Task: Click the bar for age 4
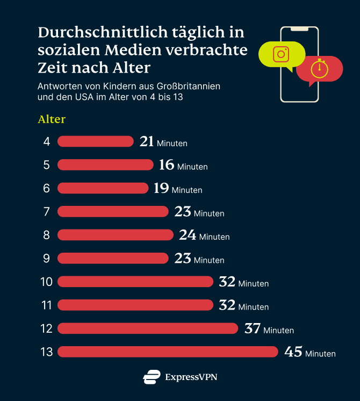pos(95,141)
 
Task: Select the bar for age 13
pos(168,352)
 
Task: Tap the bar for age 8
pos(115,235)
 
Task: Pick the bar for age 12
pos(147,328)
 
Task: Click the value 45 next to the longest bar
pos(293,352)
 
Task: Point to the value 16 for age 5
pos(167,165)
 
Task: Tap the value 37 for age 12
pos(253,328)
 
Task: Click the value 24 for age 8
pos(188,235)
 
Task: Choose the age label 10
pos(46,282)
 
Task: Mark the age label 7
pos(47,212)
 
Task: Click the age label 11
pos(46,305)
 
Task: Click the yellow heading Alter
pos(52,119)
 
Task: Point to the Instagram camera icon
pos(280,54)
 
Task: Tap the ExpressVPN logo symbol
pos(152,377)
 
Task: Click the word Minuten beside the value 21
pos(172,144)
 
